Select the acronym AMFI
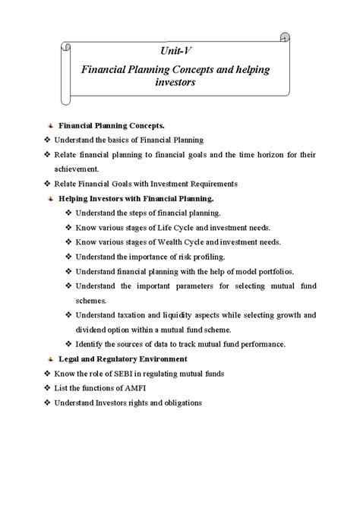pyautogui.click(x=136, y=387)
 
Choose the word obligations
pyautogui.click(x=180, y=402)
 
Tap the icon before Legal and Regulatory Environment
pyautogui.click(x=50, y=358)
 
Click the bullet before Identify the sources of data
pyautogui.click(x=68, y=343)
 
